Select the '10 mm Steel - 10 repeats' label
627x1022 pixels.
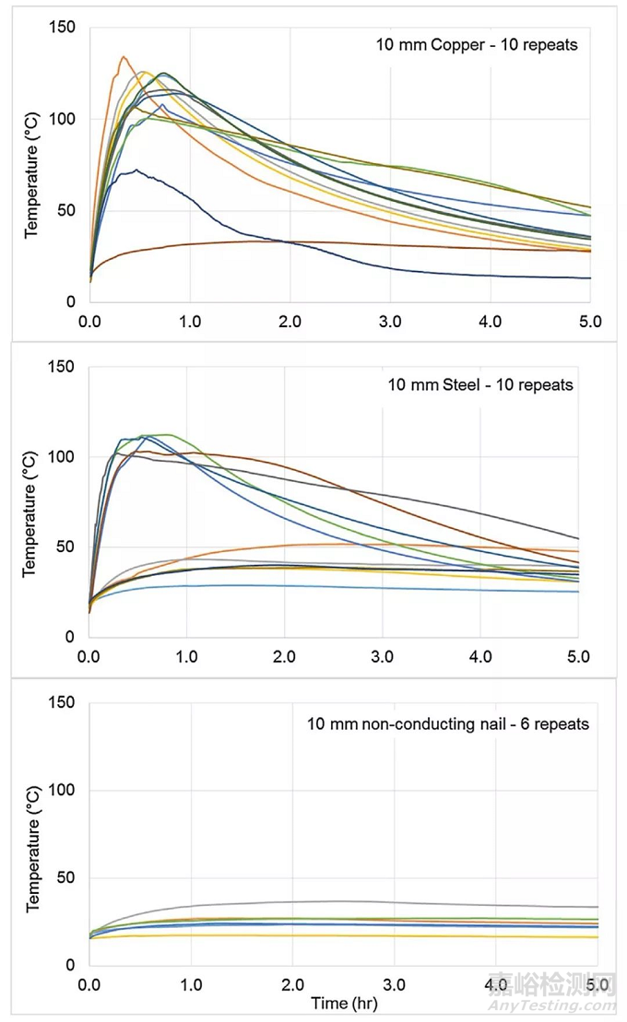point(479,384)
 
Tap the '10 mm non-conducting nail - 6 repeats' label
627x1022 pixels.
point(448,723)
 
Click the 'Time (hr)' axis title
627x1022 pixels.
point(343,1003)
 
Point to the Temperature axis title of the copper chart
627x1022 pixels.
point(32,166)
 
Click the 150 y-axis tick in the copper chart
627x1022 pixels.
point(63,29)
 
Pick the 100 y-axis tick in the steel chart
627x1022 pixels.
point(63,457)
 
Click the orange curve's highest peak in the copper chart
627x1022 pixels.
point(124,56)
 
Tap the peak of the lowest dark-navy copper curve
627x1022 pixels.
point(136,170)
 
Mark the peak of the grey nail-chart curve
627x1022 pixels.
point(341,901)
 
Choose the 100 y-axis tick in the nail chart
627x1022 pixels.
point(63,791)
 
